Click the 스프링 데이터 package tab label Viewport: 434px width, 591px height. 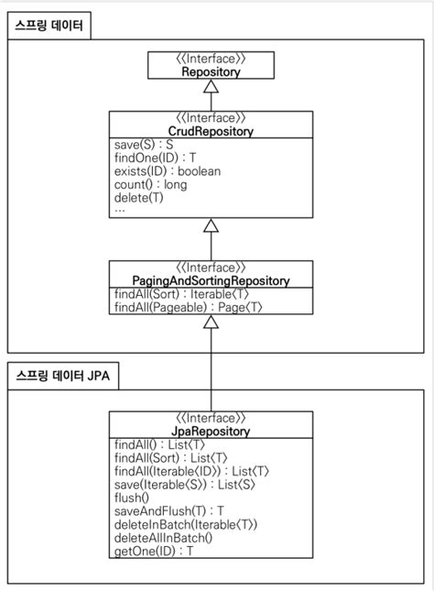click(48, 27)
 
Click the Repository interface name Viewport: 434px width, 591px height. click(212, 71)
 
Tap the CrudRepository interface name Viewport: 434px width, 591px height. click(212, 132)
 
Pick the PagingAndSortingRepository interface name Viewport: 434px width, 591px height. click(212, 280)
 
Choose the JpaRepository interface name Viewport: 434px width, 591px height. click(212, 430)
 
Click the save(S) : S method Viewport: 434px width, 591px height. click(145, 146)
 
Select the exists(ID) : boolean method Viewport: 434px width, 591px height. click(168, 171)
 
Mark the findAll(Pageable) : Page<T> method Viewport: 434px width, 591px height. click(189, 308)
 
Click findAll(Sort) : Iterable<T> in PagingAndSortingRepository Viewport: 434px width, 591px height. click(181, 294)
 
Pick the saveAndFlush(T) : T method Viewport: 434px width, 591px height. click(169, 511)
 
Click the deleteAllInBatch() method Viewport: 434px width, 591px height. click(164, 538)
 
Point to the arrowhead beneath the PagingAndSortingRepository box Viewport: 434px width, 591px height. click(212, 323)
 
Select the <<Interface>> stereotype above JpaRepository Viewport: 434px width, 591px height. click(212, 417)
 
